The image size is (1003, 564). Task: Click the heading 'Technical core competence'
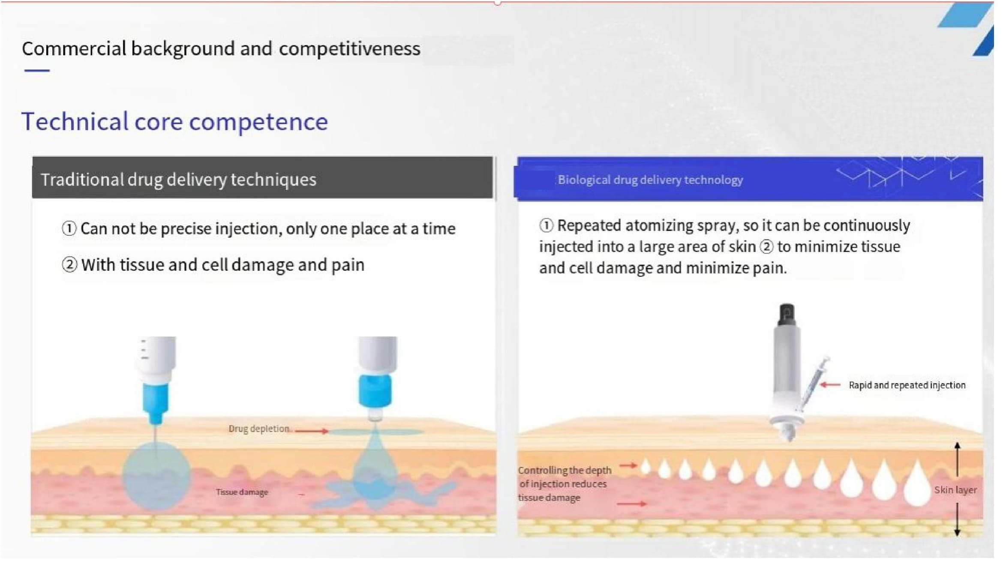(175, 122)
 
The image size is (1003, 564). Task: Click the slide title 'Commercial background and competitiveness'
(221, 48)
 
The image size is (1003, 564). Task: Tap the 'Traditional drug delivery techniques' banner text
(179, 180)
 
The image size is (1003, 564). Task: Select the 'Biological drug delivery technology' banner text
(650, 180)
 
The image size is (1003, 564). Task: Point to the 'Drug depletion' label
(259, 429)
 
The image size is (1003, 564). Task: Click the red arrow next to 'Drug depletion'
(312, 431)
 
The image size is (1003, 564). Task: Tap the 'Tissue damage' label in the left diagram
(242, 492)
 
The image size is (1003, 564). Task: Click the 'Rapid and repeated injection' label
(907, 385)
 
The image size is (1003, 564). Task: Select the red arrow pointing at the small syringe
(830, 385)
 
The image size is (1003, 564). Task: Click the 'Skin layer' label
(955, 490)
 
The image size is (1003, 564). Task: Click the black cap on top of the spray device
(787, 315)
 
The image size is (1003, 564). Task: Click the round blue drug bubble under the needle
(156, 476)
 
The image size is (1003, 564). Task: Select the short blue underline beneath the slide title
(37, 70)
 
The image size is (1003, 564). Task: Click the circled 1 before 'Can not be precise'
(69, 228)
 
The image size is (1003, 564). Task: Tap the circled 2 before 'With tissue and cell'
(69, 265)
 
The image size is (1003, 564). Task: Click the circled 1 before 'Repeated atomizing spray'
(546, 225)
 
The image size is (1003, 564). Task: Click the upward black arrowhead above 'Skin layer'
(957, 446)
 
